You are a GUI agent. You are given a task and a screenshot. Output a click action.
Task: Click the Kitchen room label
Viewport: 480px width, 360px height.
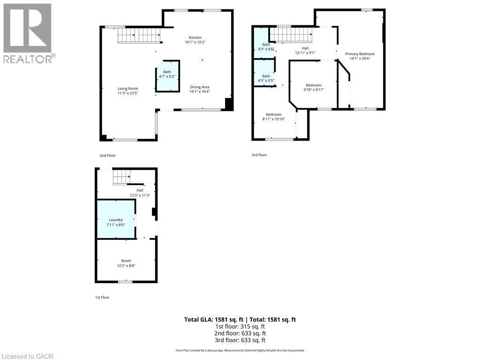click(195, 37)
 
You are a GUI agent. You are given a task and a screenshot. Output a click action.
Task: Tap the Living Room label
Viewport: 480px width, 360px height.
click(128, 89)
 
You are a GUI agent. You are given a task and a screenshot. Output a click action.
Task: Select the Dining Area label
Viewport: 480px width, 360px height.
click(200, 87)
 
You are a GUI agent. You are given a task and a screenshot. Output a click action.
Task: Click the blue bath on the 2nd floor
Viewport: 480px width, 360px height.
click(167, 76)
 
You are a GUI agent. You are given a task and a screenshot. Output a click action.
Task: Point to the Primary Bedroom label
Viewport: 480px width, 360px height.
click(360, 54)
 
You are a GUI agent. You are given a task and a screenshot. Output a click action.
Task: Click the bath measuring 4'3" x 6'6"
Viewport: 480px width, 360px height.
click(264, 43)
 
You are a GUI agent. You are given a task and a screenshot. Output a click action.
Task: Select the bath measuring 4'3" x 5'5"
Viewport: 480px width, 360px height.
click(264, 73)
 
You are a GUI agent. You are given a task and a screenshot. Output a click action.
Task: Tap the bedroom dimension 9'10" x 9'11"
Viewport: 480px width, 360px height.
click(314, 90)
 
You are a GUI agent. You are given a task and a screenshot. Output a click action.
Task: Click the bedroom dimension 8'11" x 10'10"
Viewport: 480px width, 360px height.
click(274, 119)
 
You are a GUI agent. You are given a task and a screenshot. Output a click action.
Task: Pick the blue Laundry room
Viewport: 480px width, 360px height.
click(116, 219)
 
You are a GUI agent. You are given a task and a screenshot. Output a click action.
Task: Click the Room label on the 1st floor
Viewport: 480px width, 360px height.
click(126, 261)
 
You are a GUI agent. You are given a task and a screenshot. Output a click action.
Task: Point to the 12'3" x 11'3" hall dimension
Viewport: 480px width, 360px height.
click(140, 195)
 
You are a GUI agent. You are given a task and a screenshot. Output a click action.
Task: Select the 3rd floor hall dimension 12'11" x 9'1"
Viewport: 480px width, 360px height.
click(305, 52)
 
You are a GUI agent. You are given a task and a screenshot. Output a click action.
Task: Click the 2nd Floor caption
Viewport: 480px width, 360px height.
click(108, 156)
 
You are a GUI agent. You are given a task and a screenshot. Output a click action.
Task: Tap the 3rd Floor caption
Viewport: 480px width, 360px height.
click(259, 155)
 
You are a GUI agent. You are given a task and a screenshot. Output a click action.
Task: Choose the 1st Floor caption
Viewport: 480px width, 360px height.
click(102, 297)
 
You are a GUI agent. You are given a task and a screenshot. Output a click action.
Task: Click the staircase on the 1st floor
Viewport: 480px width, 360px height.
click(122, 177)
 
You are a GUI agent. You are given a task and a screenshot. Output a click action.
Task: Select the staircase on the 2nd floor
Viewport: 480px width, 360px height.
click(139, 35)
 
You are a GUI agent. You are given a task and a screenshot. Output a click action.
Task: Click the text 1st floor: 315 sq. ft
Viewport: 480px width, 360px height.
click(240, 327)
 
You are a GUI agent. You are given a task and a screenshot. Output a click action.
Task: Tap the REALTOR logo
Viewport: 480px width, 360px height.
click(28, 33)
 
